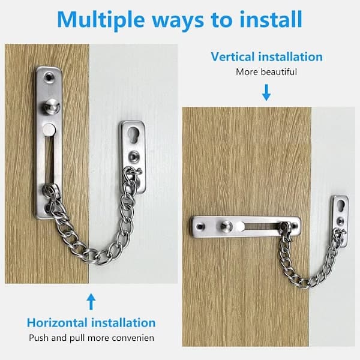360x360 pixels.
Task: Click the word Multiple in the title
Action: coord(101,20)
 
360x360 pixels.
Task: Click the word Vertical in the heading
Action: coord(233,57)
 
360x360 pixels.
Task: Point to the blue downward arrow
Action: coord(266,92)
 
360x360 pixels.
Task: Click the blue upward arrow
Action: coord(91,301)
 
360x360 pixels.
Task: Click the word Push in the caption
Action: coord(39,338)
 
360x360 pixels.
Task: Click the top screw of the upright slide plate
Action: coord(49,77)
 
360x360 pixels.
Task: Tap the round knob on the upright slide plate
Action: coord(52,106)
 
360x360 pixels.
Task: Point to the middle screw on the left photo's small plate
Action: coord(134,157)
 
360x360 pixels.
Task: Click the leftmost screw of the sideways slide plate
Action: coord(200,227)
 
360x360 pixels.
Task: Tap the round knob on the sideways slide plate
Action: coord(226,226)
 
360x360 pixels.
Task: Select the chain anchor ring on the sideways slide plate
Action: coord(286,226)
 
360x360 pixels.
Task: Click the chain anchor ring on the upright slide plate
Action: coord(51,190)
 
